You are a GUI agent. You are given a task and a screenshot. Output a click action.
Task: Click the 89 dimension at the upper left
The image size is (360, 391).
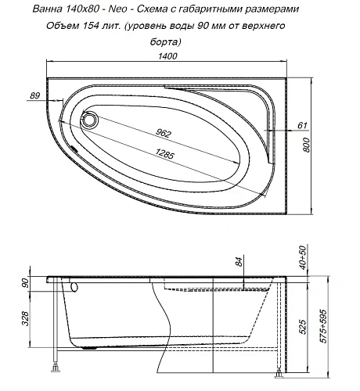[34, 95]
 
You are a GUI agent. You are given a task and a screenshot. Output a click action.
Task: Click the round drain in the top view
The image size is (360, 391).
[89, 120]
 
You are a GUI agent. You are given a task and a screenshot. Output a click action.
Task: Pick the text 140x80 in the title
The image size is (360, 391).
[61, 9]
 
